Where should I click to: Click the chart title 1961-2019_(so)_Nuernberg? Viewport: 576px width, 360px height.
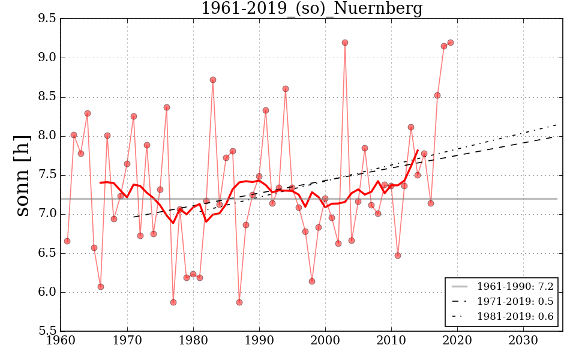tap(311, 9)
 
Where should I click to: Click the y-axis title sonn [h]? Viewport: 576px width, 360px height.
tap(22, 175)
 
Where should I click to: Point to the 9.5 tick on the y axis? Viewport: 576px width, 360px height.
tap(47, 19)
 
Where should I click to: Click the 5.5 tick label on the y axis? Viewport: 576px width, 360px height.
tap(47, 331)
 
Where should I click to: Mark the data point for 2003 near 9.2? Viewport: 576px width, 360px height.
tap(345, 43)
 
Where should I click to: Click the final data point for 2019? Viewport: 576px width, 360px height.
tap(451, 43)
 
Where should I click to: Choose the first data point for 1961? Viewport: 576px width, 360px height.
tap(67, 241)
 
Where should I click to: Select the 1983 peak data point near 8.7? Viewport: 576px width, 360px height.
tap(213, 80)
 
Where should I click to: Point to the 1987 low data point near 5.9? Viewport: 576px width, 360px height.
tap(239, 302)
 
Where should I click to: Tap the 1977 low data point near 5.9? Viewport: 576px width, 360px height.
tap(173, 302)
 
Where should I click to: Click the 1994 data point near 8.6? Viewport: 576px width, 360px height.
tap(286, 89)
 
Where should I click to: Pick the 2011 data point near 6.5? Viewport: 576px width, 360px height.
tap(398, 256)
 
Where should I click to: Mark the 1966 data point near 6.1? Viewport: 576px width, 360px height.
tap(101, 287)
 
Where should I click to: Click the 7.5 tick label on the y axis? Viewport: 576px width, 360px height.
tap(47, 175)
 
